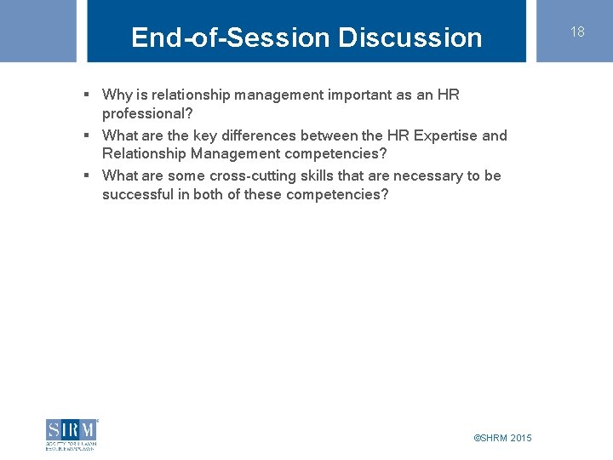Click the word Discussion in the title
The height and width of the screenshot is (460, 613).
(x=410, y=37)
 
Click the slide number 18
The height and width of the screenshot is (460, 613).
(x=577, y=32)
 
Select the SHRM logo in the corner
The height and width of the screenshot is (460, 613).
(x=72, y=434)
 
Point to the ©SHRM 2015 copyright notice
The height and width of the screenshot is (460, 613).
(x=502, y=438)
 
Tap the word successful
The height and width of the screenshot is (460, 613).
(x=138, y=194)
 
